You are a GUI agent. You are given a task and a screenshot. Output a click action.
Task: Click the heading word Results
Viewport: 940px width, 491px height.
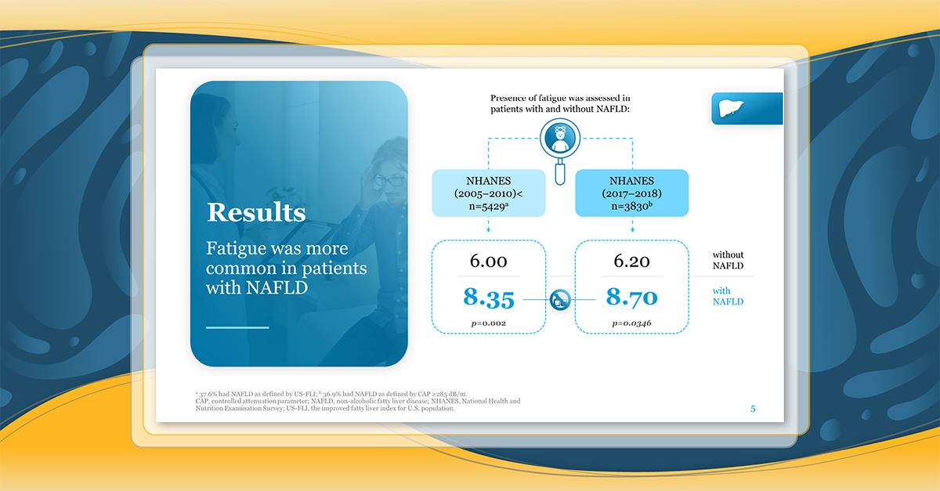[256, 212]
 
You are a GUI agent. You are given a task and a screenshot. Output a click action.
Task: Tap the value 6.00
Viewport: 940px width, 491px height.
[489, 261]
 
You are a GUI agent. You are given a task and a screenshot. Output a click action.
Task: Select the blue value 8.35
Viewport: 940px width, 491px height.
[489, 298]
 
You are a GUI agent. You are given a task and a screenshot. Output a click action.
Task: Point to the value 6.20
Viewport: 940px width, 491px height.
[631, 261]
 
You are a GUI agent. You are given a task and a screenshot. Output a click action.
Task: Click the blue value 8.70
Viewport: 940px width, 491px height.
[631, 297]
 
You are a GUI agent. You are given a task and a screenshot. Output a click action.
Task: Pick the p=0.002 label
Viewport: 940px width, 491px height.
[489, 323]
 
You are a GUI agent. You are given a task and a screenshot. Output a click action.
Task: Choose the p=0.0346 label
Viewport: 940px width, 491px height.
[631, 323]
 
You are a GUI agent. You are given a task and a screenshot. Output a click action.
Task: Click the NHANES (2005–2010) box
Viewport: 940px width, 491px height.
[489, 193]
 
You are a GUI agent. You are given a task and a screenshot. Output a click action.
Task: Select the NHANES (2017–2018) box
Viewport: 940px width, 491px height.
[631, 193]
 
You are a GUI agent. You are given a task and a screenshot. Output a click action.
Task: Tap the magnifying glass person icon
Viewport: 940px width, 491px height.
[560, 138]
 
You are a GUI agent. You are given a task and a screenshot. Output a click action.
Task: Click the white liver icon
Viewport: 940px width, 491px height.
[731, 108]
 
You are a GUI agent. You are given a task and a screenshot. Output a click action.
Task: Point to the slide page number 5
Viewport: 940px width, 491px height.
[753, 409]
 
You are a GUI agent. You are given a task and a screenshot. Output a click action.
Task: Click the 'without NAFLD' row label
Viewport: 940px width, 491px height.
[728, 260]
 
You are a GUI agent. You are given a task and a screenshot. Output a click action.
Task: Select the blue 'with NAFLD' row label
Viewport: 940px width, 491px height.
[728, 296]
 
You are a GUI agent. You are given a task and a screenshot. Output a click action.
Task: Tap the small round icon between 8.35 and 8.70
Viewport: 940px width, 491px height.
[560, 300]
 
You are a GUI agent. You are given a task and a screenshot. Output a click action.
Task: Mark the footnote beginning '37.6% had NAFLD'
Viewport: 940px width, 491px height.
[331, 394]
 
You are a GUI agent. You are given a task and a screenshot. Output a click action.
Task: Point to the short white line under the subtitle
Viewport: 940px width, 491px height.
[237, 327]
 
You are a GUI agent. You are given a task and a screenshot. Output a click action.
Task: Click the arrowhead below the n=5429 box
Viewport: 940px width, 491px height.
[489, 229]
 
